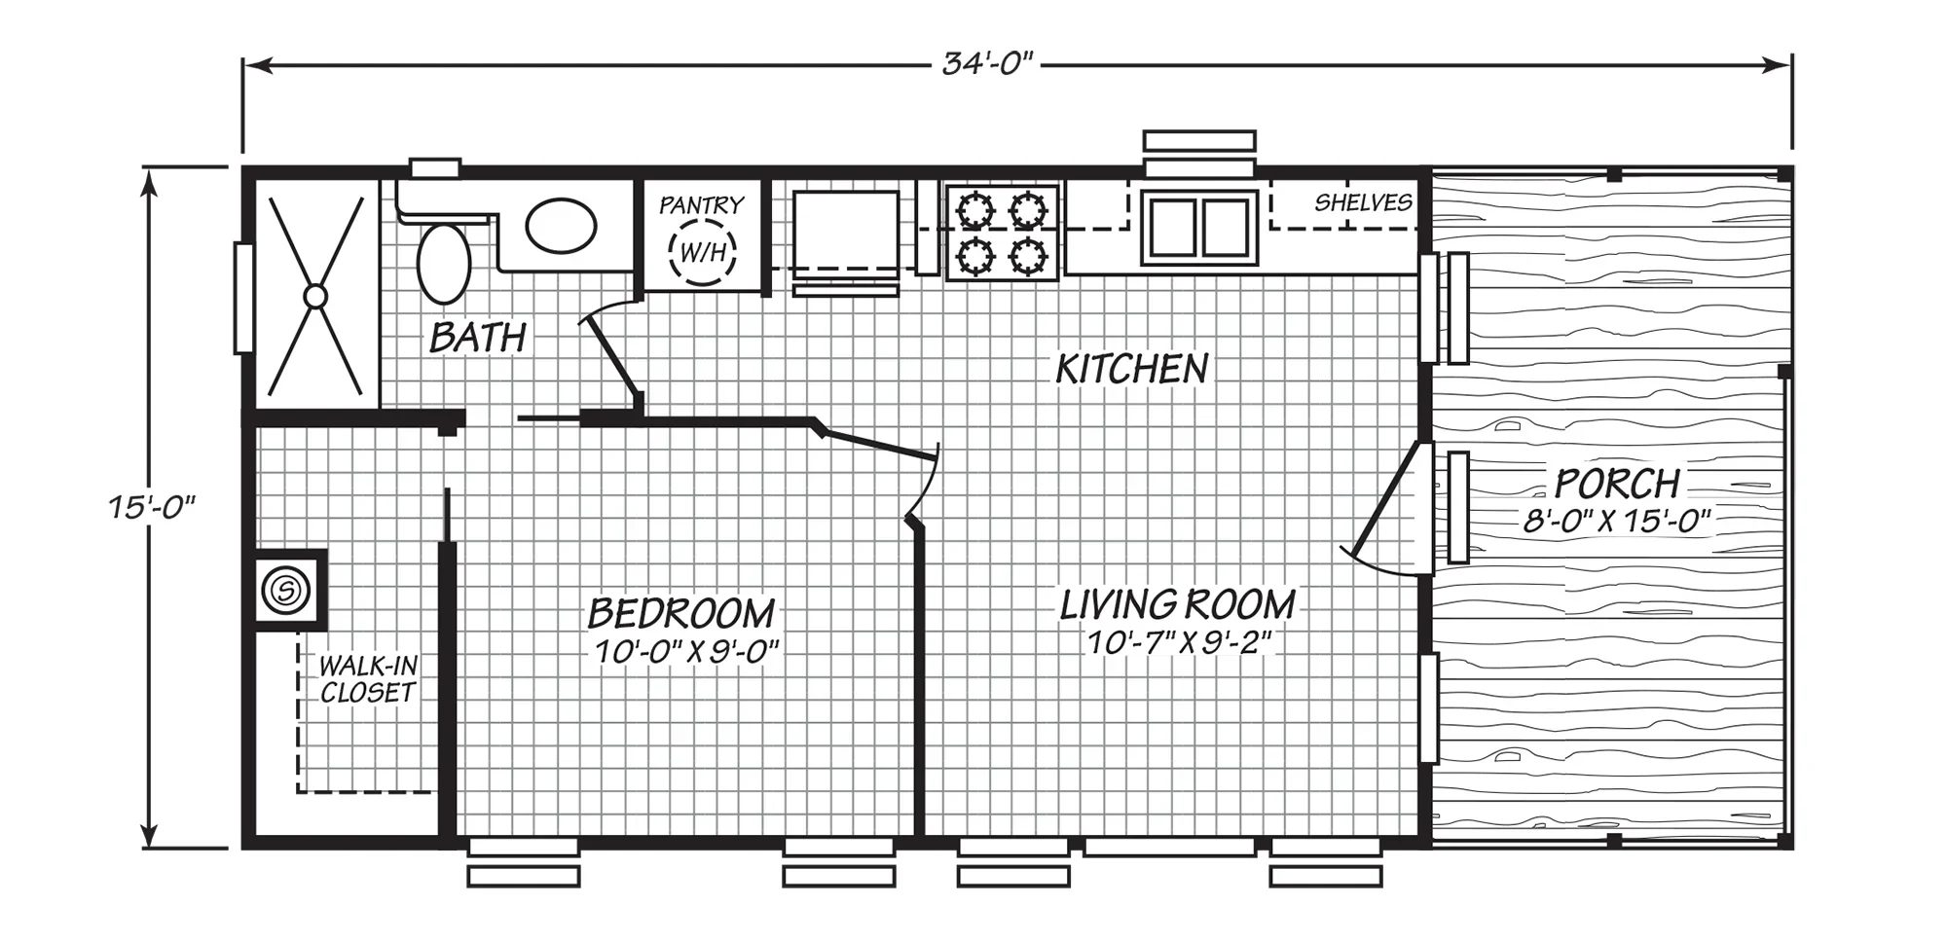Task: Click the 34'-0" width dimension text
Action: pyautogui.click(x=986, y=64)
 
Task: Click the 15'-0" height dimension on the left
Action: pyautogui.click(x=152, y=507)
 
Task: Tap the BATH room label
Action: pyautogui.click(x=478, y=338)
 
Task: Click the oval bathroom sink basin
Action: pyautogui.click(x=562, y=226)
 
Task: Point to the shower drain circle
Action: pyautogui.click(x=314, y=296)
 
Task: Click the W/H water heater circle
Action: pyautogui.click(x=702, y=252)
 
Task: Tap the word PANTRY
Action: pyautogui.click(x=701, y=205)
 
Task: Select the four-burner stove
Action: pyautogui.click(x=1002, y=234)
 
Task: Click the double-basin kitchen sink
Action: pyautogui.click(x=1199, y=228)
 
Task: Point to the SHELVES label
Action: pyautogui.click(x=1363, y=202)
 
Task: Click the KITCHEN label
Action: pyautogui.click(x=1132, y=369)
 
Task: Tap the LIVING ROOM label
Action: pyautogui.click(x=1178, y=605)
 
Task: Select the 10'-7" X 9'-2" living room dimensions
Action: pyautogui.click(x=1180, y=642)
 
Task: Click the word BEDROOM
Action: pyautogui.click(x=681, y=613)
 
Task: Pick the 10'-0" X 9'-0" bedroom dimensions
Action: pyautogui.click(x=687, y=651)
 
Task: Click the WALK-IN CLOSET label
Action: pyautogui.click(x=368, y=679)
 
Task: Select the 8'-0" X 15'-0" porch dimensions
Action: pyautogui.click(x=1617, y=521)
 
